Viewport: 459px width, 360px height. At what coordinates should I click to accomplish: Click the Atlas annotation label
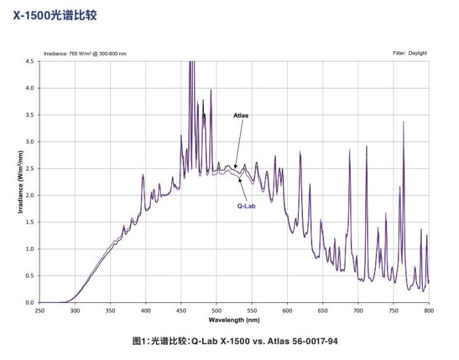click(241, 115)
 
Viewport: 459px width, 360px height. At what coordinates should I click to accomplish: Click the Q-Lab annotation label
click(247, 205)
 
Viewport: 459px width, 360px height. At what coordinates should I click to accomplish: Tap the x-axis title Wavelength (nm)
click(234, 320)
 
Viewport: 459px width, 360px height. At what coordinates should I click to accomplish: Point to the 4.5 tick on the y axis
click(29, 61)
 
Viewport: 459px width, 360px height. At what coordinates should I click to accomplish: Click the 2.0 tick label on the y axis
click(29, 195)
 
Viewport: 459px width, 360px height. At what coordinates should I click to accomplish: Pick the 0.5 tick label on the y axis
click(29, 276)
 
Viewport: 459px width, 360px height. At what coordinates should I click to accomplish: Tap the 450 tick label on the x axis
click(181, 310)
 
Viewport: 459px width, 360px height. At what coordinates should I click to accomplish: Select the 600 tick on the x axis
click(287, 310)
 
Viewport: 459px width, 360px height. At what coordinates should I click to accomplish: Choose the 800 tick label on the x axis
click(429, 310)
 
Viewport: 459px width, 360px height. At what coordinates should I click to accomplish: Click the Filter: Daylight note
click(410, 53)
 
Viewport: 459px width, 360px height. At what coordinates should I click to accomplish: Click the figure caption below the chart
click(235, 341)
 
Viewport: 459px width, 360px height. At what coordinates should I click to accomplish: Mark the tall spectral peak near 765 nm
click(403, 122)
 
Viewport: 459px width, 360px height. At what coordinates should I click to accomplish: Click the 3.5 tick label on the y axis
click(29, 115)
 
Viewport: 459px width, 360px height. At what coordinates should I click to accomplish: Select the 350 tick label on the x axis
click(110, 310)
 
